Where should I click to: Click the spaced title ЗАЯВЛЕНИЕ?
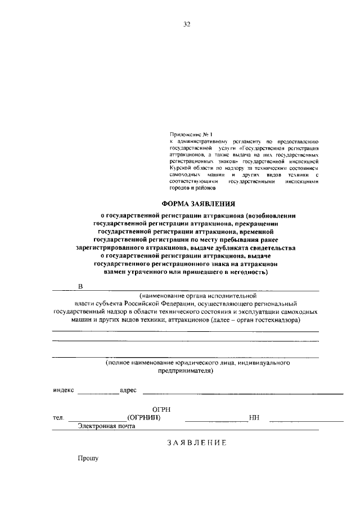click(196, 443)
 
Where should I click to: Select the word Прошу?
click(88, 459)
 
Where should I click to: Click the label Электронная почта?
click(107, 427)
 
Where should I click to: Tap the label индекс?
click(64, 390)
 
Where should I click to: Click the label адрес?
click(128, 390)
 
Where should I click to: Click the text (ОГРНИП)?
click(144, 418)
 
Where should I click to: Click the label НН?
click(253, 418)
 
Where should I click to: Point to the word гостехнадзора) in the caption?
click(276, 319)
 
